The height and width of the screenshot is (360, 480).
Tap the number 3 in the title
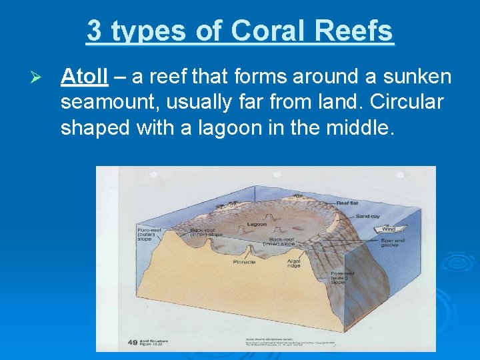click(x=94, y=31)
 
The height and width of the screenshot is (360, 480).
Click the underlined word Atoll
click(x=83, y=77)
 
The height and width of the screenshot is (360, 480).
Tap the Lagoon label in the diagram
click(x=256, y=225)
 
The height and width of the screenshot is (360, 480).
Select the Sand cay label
click(x=368, y=216)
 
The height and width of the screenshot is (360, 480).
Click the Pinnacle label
click(x=244, y=262)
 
